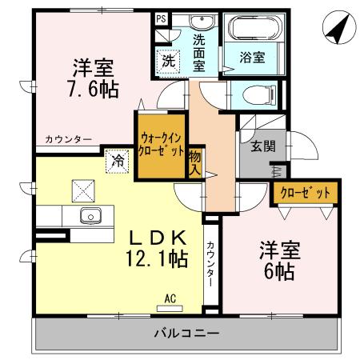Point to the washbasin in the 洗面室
[x=200, y=22]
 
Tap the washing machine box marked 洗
[x=168, y=58]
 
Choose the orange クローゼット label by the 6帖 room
[x=306, y=193]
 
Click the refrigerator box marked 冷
[x=117, y=160]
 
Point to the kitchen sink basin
[x=90, y=216]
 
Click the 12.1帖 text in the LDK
[x=157, y=258]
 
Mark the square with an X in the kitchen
[x=82, y=190]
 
